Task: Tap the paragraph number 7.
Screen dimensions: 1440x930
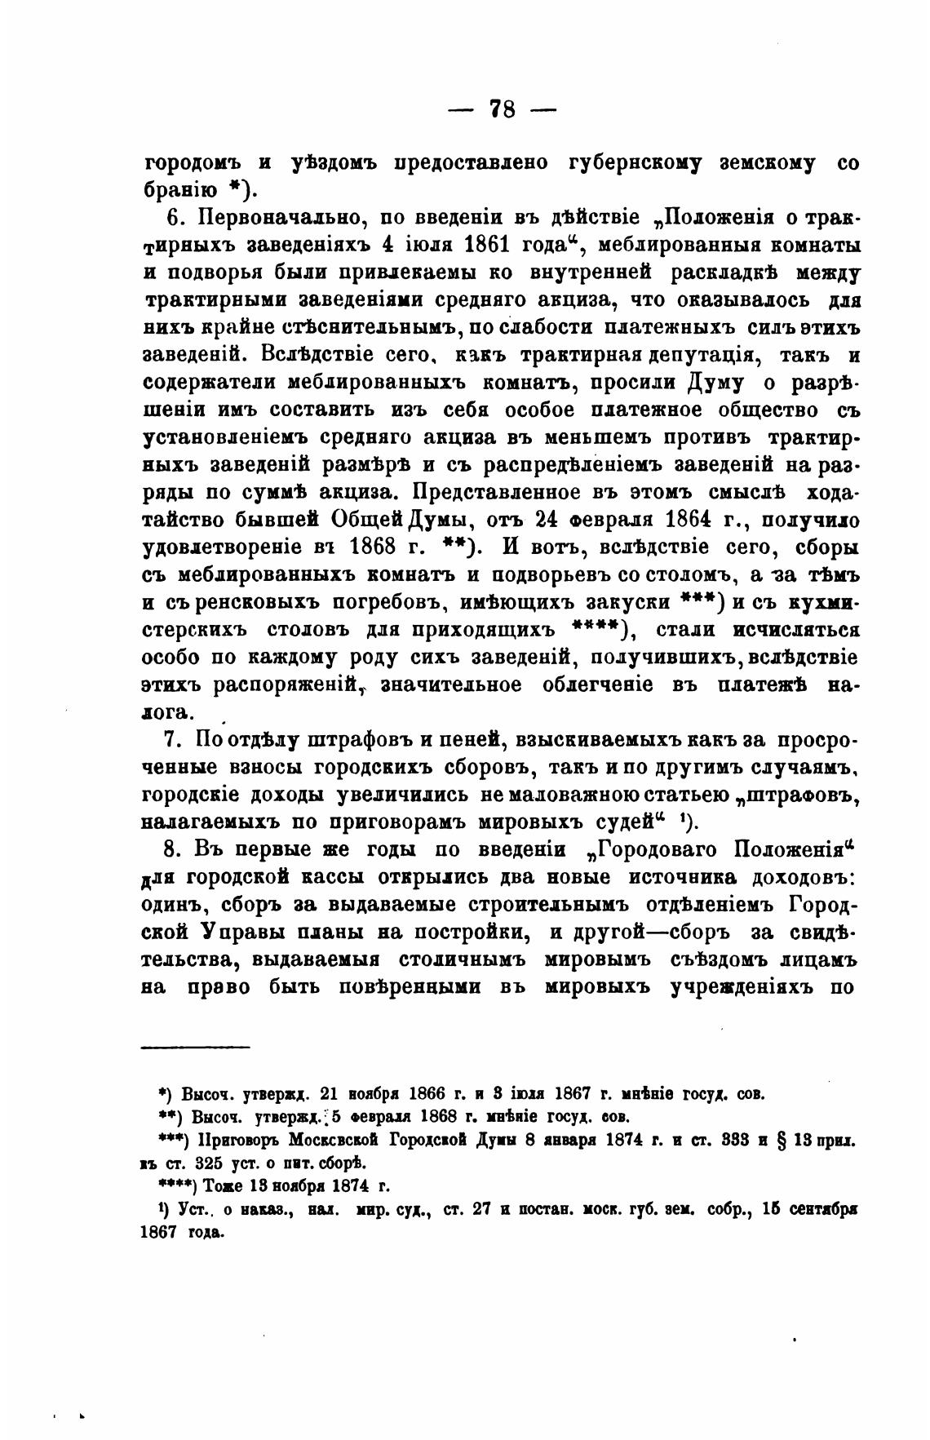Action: (x=171, y=740)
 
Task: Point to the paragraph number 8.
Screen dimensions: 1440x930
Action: (x=171, y=849)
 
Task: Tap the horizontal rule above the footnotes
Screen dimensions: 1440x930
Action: (x=196, y=1047)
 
